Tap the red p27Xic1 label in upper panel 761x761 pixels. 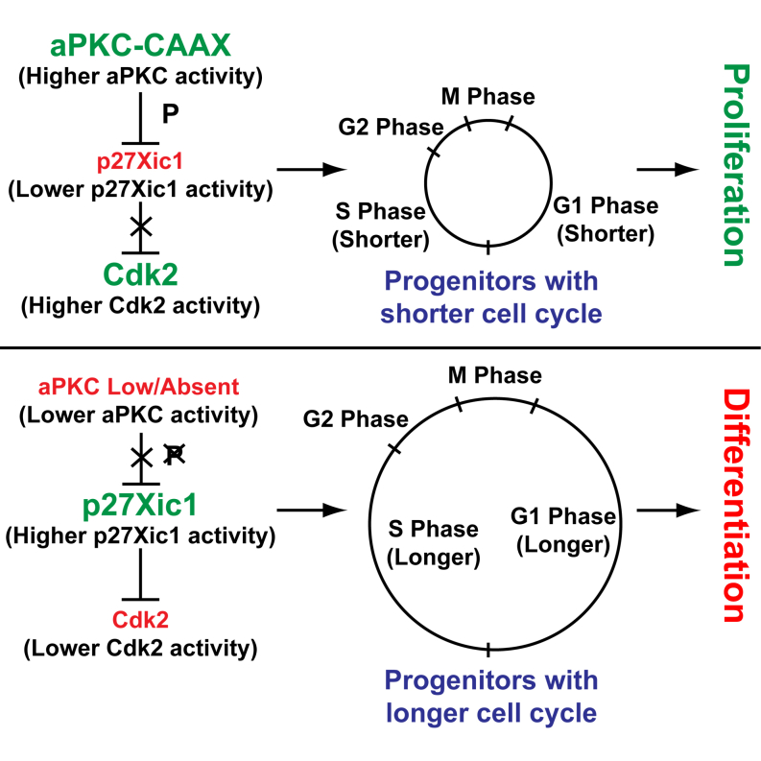(x=141, y=162)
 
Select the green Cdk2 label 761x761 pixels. (x=141, y=276)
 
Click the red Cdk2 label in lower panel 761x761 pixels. (x=141, y=619)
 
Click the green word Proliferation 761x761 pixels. (x=732, y=166)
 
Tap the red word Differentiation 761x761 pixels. (x=732, y=507)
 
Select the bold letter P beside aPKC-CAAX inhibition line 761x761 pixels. (x=170, y=114)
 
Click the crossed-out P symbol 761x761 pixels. (x=173, y=456)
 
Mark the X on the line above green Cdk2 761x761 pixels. (x=141, y=226)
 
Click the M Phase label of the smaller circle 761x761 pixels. (x=488, y=97)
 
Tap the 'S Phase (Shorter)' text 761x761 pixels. (x=381, y=224)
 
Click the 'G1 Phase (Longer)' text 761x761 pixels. (x=562, y=530)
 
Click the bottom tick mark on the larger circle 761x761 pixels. (x=488, y=650)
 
